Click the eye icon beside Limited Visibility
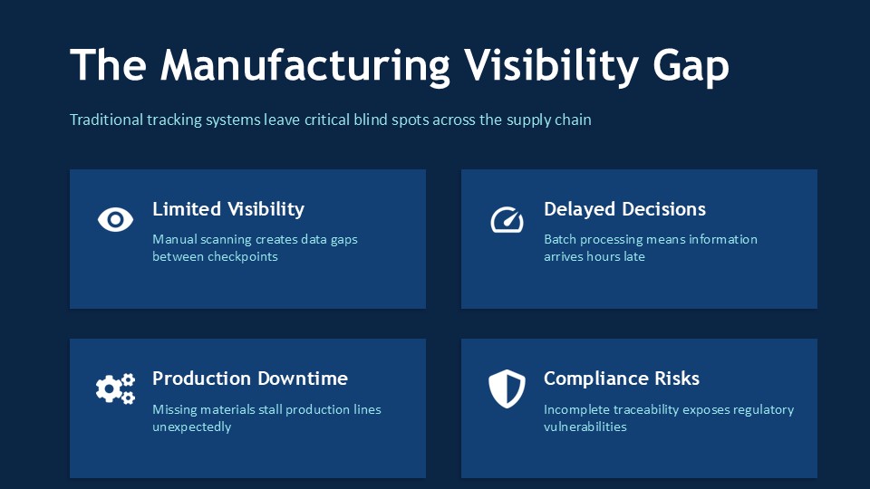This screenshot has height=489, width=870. click(115, 219)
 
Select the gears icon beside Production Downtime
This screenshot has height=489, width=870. click(115, 388)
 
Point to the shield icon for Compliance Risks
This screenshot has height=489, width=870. click(507, 388)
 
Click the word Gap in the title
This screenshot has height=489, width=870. click(691, 66)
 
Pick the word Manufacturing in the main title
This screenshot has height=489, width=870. click(305, 66)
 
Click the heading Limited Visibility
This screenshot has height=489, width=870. click(228, 209)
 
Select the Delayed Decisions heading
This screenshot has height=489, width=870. click(624, 209)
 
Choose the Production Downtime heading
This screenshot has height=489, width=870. click(250, 379)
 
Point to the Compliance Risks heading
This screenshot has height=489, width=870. click(622, 379)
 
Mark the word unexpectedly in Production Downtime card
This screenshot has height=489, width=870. click(191, 427)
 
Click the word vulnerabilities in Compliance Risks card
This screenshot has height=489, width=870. click(585, 427)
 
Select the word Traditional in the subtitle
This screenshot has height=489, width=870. click(106, 120)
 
